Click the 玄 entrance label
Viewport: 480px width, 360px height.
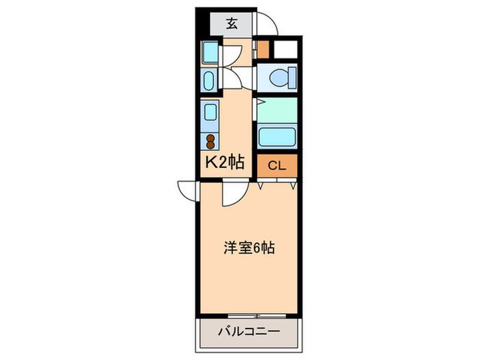click(232, 24)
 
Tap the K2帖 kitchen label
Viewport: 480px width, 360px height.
click(225, 163)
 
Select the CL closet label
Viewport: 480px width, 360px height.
click(276, 165)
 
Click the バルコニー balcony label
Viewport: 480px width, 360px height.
click(248, 331)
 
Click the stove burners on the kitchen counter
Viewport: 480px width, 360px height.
click(210, 141)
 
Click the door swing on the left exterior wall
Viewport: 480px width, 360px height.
click(187, 190)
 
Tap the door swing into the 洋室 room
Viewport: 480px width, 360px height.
click(232, 195)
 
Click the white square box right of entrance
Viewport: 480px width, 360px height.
click(285, 50)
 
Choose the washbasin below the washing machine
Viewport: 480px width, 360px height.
click(209, 79)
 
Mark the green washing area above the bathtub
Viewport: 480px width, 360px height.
click(278, 109)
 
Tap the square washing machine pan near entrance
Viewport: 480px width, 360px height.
click(210, 52)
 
